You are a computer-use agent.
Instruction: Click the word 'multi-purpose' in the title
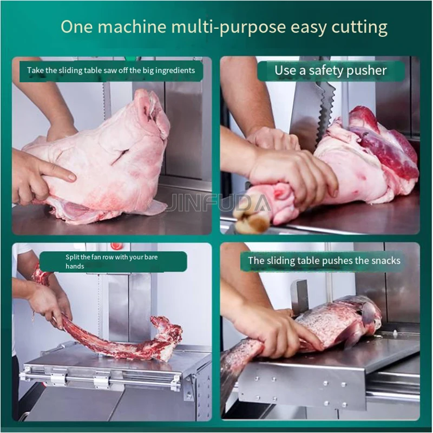(228, 28)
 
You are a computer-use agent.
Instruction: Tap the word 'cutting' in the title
(359, 28)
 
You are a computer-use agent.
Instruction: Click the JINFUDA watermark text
(220, 203)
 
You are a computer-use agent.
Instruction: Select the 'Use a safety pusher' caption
(330, 70)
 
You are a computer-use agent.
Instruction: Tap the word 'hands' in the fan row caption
(75, 266)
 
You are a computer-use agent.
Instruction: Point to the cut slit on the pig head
(120, 157)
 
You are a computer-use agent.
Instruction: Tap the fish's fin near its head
(369, 312)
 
